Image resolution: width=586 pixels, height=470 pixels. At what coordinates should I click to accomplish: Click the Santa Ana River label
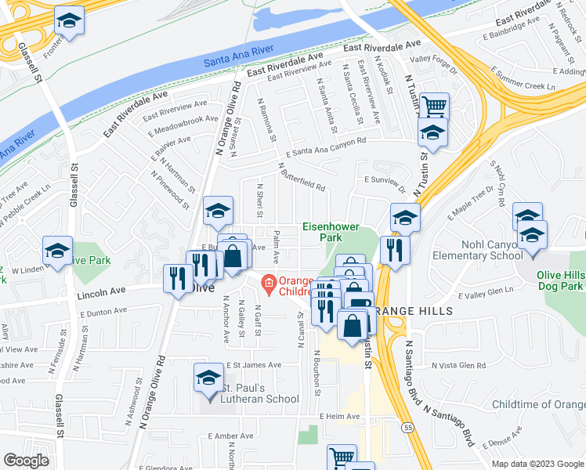tap(238, 56)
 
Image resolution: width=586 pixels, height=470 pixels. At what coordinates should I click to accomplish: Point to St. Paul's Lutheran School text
tap(259, 393)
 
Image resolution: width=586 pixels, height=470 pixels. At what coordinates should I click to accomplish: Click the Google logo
tap(26, 461)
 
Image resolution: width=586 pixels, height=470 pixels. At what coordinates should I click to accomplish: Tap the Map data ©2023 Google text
tap(537, 464)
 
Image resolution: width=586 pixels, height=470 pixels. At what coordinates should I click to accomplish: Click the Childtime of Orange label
tap(538, 404)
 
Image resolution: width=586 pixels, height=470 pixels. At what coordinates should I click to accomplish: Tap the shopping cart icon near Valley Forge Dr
tap(433, 104)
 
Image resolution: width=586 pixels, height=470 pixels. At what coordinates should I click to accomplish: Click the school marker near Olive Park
tap(58, 249)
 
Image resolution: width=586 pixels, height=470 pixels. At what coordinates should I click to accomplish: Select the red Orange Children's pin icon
tap(268, 281)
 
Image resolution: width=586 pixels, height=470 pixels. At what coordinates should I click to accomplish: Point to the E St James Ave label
tap(254, 365)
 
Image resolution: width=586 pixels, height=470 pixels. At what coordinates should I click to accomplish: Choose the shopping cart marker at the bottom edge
tap(342, 457)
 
